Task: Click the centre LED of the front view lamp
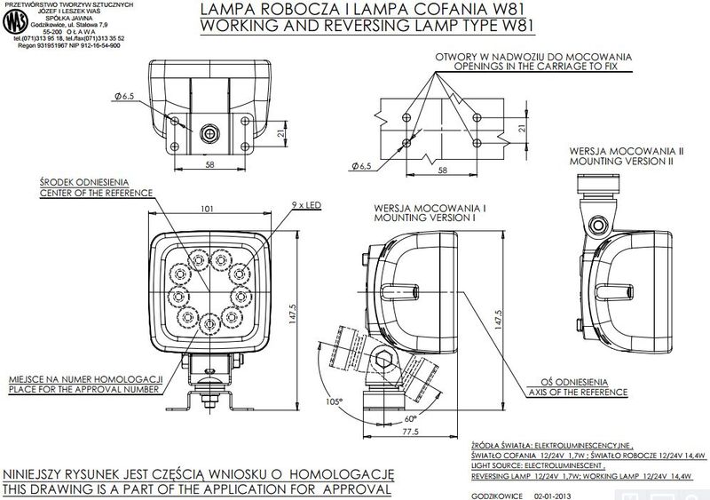click(x=210, y=286)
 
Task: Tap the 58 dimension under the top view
click(x=209, y=165)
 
